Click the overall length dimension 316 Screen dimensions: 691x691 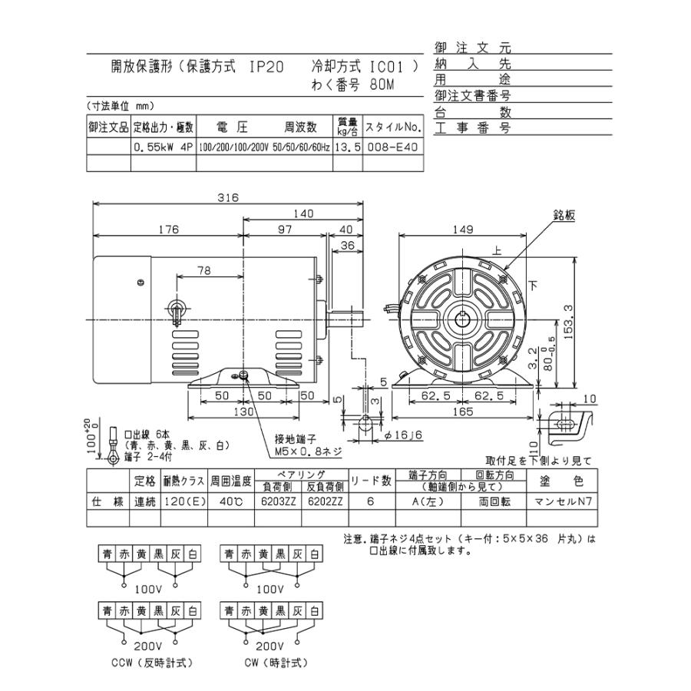coord(227,197)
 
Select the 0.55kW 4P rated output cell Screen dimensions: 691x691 coord(164,147)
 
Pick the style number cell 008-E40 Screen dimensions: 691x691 coord(392,147)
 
